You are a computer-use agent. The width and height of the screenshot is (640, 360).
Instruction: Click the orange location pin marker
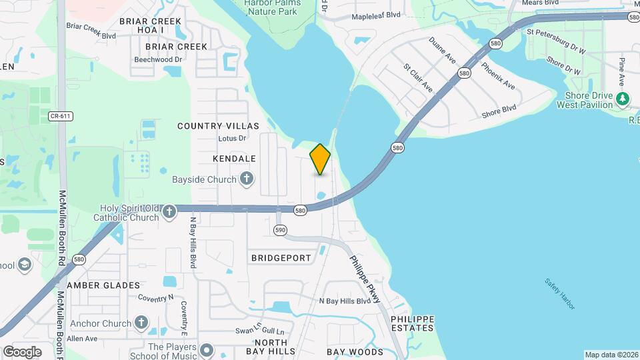pos(320,159)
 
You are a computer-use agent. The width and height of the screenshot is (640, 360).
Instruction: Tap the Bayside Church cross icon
pos(247,179)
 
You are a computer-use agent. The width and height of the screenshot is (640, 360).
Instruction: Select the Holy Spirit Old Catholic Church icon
pos(169,211)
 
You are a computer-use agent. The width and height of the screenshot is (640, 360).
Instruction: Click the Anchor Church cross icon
pos(141,323)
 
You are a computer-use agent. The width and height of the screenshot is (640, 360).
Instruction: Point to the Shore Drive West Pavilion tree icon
pos(623,99)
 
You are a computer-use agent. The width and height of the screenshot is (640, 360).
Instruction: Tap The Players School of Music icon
pos(206,349)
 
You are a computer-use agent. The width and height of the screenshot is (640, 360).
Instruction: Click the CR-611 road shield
pos(60,116)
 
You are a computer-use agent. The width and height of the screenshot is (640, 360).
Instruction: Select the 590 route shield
pos(280,230)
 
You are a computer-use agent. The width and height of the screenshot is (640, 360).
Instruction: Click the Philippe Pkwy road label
pos(364,278)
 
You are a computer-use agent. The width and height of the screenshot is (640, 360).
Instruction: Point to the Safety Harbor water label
pos(559,294)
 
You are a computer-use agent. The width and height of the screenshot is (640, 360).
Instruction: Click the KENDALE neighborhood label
pos(234,159)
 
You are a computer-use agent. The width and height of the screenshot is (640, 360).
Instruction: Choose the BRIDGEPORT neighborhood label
pos(281,257)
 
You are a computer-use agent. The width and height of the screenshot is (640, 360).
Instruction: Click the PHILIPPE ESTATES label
pos(412,323)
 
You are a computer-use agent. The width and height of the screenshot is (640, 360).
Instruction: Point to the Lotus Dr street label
pos(232,139)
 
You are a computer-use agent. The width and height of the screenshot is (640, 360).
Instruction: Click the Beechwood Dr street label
pos(158,59)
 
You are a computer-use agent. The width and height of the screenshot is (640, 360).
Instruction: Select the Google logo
pos(22,351)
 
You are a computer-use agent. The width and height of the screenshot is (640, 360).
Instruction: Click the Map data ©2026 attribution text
pos(611,355)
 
